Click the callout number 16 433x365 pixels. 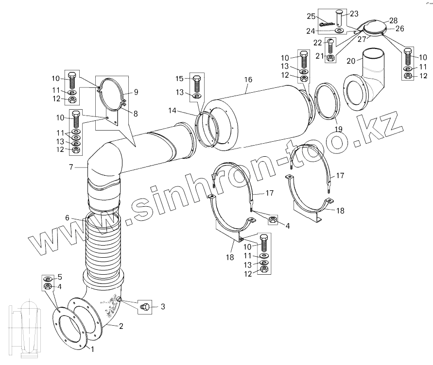pyautogui.click(x=248, y=80)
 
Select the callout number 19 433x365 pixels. pyautogui.click(x=338, y=129)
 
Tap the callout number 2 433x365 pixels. pyautogui.click(x=121, y=326)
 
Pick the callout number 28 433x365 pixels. pyautogui.click(x=394, y=20)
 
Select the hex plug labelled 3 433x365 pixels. pyautogui.click(x=145, y=307)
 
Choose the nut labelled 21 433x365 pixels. pyautogui.click(x=330, y=58)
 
